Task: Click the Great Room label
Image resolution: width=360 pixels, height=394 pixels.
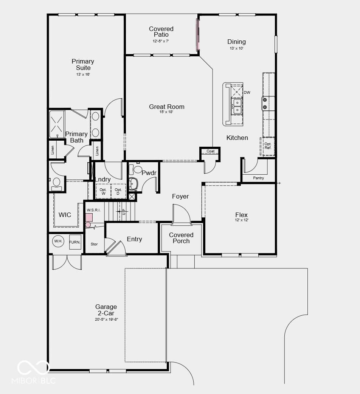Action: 166,107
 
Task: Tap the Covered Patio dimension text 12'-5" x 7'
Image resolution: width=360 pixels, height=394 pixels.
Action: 161,41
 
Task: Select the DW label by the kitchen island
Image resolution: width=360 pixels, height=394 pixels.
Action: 247,93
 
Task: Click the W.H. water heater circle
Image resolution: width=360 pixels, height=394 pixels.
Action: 58,241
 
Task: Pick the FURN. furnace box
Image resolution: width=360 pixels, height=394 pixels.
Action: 75,242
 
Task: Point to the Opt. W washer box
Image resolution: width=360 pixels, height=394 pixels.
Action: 103,191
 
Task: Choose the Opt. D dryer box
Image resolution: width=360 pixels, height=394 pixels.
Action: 118,191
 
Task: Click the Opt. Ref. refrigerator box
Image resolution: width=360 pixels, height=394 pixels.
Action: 268,146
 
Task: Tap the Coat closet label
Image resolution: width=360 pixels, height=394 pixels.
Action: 211,151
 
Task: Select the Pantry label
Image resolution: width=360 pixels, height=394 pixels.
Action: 258,178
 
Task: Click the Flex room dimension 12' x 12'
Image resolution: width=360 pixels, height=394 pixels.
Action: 242,220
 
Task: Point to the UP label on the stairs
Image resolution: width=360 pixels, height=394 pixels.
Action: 124,212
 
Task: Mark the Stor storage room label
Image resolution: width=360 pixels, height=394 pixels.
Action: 94,244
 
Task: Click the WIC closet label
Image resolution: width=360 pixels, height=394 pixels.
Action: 65,215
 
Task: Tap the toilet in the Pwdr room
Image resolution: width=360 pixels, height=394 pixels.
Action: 136,169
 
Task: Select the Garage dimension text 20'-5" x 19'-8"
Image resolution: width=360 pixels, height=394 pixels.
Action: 107,320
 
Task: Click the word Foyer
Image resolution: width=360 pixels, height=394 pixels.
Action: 180,196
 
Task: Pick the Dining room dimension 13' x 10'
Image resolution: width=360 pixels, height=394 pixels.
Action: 236,48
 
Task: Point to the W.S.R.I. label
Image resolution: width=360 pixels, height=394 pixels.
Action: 94,210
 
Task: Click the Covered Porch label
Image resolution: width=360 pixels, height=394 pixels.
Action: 181,238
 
